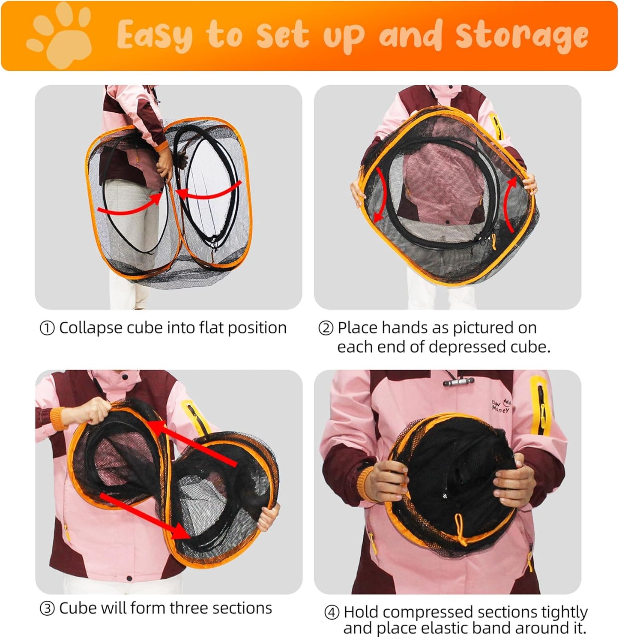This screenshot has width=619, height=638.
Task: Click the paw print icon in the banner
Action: click(x=60, y=36)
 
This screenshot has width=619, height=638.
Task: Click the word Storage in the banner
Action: click(x=521, y=36)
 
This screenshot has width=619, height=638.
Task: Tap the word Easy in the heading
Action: click(x=155, y=36)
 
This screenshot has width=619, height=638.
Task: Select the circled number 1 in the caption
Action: click(x=47, y=329)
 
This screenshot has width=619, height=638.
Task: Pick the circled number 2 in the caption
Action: click(x=326, y=329)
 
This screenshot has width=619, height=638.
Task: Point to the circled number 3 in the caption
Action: click(x=47, y=609)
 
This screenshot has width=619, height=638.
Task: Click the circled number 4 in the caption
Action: click(x=332, y=613)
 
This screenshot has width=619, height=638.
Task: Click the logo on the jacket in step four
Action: click(x=501, y=405)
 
